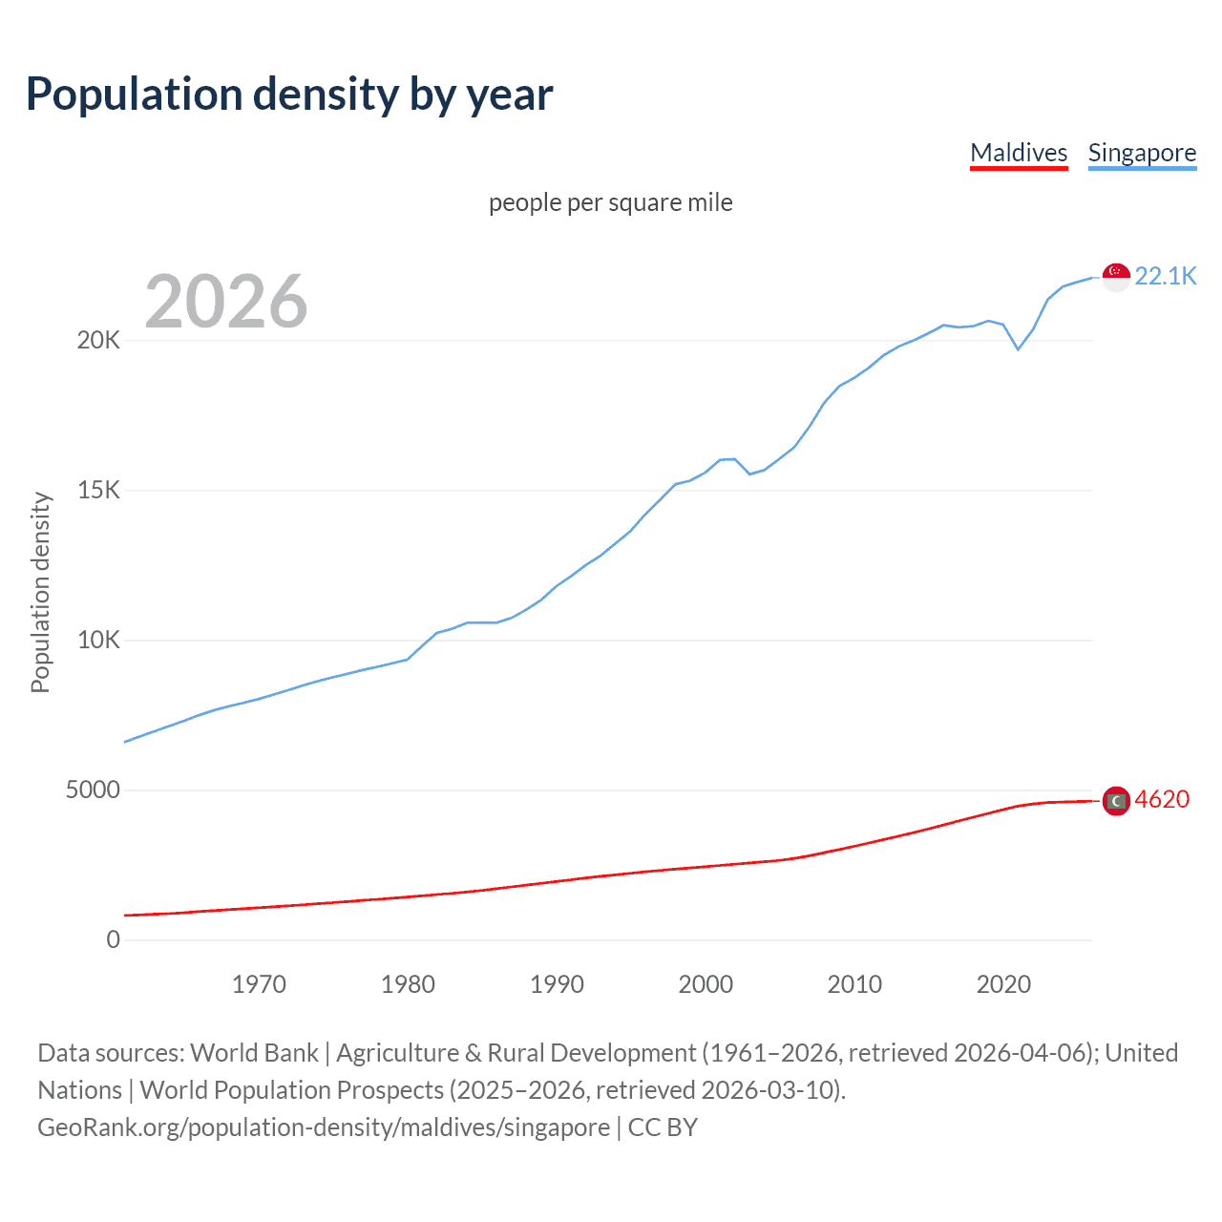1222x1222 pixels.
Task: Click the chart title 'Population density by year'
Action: pyautogui.click(x=289, y=95)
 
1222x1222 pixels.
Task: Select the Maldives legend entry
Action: pyautogui.click(x=1019, y=153)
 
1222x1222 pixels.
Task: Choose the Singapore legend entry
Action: pyautogui.click(x=1142, y=153)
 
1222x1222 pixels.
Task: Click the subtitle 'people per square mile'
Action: pyautogui.click(x=610, y=202)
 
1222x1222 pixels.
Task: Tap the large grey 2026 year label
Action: pyautogui.click(x=226, y=302)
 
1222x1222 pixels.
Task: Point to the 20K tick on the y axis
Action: pyautogui.click(x=98, y=341)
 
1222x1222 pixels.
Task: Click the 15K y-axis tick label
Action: pyautogui.click(x=98, y=491)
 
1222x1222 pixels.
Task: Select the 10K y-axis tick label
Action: pyautogui.click(x=98, y=641)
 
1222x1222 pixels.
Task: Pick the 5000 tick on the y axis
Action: pyautogui.click(x=93, y=790)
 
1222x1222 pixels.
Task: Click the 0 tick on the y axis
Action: pyautogui.click(x=114, y=940)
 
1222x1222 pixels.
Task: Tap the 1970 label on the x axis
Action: pyautogui.click(x=259, y=984)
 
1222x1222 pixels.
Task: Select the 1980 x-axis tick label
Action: pyautogui.click(x=408, y=984)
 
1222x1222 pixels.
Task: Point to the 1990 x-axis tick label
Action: pyautogui.click(x=557, y=984)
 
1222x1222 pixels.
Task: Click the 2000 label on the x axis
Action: pyautogui.click(x=706, y=984)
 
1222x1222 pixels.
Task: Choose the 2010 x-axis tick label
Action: pyautogui.click(x=854, y=984)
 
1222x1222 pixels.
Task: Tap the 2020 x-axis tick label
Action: pyautogui.click(x=1003, y=984)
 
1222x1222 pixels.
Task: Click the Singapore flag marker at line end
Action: pyautogui.click(x=1116, y=277)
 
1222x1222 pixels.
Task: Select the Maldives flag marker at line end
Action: pyautogui.click(x=1116, y=801)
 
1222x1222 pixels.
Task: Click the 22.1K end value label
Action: pyautogui.click(x=1166, y=276)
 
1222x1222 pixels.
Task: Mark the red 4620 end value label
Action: pyautogui.click(x=1162, y=799)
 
